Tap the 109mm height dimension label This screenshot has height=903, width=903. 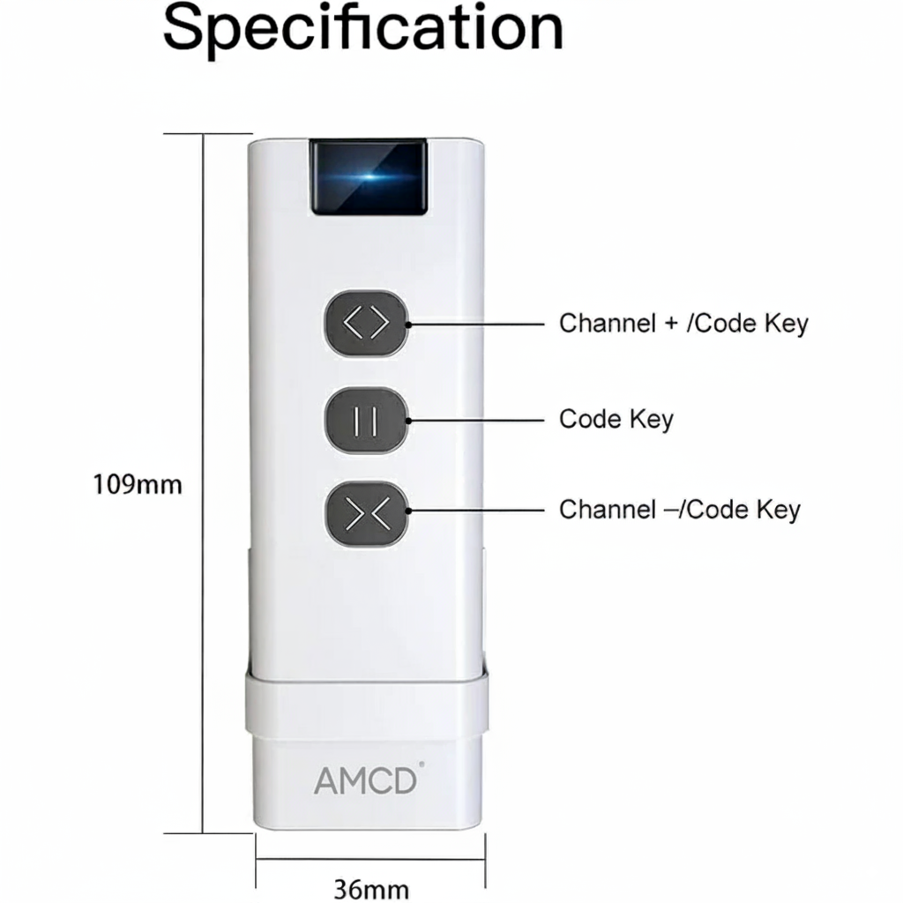(x=138, y=483)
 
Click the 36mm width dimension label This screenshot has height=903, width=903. (x=370, y=887)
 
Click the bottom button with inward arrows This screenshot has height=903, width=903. (x=366, y=511)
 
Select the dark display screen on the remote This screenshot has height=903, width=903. (x=368, y=176)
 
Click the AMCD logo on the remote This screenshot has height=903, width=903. (x=364, y=780)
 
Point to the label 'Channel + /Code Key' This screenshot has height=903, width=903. (x=683, y=323)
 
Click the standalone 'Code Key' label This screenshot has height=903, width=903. (x=616, y=418)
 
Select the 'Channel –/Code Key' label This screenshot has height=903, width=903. (x=680, y=510)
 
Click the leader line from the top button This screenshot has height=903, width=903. (x=476, y=324)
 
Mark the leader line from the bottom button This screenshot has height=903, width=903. (x=476, y=511)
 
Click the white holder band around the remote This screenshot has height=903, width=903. (x=366, y=705)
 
